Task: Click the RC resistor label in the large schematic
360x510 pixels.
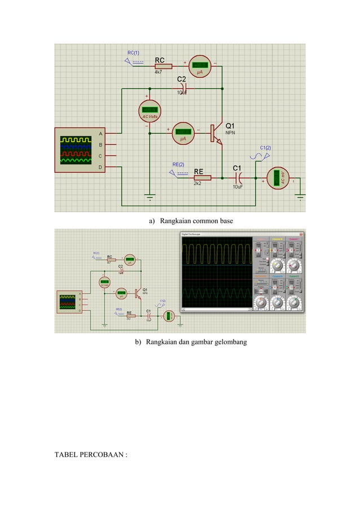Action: [160, 59]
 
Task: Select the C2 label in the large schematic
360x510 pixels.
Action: [182, 79]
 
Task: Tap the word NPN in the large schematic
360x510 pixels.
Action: [231, 133]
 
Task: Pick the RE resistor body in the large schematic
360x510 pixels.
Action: [201, 177]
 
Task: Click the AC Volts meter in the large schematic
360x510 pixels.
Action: [150, 110]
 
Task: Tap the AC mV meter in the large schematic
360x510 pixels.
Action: [277, 178]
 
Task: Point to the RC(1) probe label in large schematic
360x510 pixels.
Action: [134, 53]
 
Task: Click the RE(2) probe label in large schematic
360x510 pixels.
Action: [178, 164]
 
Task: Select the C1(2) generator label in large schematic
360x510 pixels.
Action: [265, 148]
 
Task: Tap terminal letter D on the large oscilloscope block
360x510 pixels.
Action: [100, 167]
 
